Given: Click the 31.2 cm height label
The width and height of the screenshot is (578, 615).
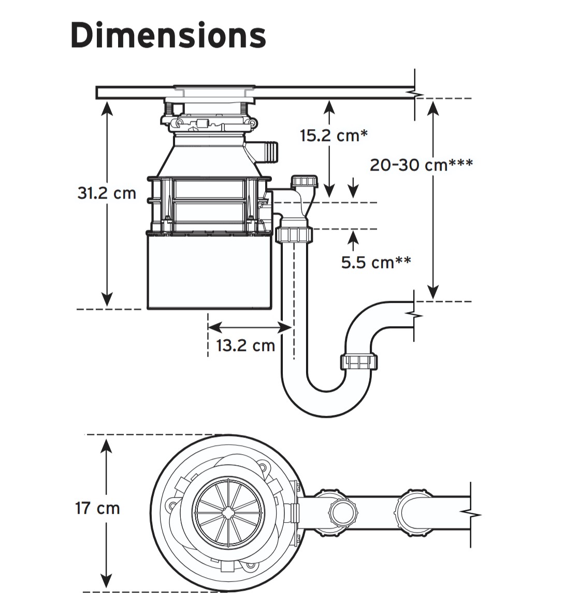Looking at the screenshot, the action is (x=107, y=193).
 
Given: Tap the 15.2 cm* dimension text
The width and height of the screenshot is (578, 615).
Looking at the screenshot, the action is (x=334, y=135).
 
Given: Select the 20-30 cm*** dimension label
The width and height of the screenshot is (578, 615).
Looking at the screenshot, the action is (x=421, y=164).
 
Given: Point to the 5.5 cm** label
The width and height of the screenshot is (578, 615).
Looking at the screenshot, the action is (x=376, y=262).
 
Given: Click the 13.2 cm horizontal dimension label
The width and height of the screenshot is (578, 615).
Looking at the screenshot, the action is (x=245, y=345).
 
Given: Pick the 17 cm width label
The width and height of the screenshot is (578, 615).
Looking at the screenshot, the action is (x=97, y=508).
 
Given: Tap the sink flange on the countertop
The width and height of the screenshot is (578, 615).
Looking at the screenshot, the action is (x=214, y=91).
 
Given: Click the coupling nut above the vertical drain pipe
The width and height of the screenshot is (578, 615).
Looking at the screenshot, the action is (x=294, y=234).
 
